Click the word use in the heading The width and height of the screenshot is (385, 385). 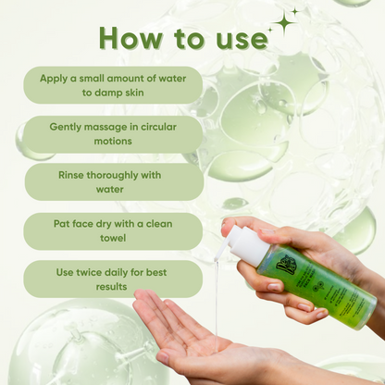tap(235, 39)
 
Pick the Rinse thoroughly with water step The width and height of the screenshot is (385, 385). tap(113, 182)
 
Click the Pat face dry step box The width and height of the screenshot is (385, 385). tap(113, 230)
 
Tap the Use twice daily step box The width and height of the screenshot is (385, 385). tap(113, 279)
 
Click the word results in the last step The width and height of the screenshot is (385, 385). tap(113, 287)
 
